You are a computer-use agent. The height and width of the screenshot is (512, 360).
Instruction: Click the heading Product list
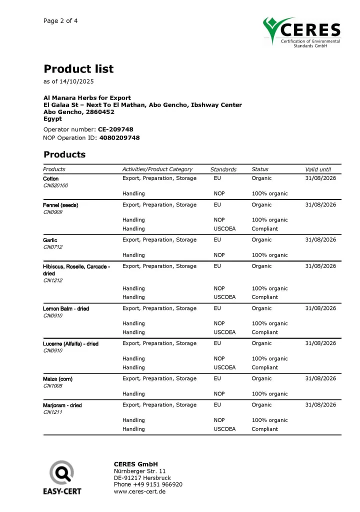point(78,69)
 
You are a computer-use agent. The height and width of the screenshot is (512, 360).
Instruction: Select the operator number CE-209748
point(115,129)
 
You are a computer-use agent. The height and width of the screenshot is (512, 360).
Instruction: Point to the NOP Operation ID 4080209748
point(119,137)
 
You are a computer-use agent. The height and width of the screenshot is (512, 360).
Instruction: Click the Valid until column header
point(318,169)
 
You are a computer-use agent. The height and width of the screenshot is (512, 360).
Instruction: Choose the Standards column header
point(223,169)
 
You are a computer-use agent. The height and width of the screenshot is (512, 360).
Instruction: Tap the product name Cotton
point(51,178)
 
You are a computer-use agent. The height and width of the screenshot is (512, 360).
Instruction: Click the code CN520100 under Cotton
point(55,185)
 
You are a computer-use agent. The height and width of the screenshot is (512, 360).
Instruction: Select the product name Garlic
point(50,240)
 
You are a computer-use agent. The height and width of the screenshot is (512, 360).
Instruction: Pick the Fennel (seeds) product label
point(60,205)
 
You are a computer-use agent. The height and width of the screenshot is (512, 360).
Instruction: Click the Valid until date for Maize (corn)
point(320,378)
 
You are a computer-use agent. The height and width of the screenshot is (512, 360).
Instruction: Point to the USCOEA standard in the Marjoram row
point(224,429)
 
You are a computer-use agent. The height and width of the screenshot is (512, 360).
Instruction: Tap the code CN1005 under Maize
point(52,386)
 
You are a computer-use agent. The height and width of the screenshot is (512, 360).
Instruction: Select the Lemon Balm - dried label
point(66,308)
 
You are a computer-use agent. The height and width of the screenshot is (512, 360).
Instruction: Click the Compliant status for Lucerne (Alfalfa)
point(264,367)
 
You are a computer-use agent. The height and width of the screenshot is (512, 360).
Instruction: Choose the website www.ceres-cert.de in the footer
point(139,491)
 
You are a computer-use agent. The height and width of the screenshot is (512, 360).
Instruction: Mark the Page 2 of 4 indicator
point(60,21)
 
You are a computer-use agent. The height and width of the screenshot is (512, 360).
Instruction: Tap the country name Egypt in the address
point(52,119)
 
